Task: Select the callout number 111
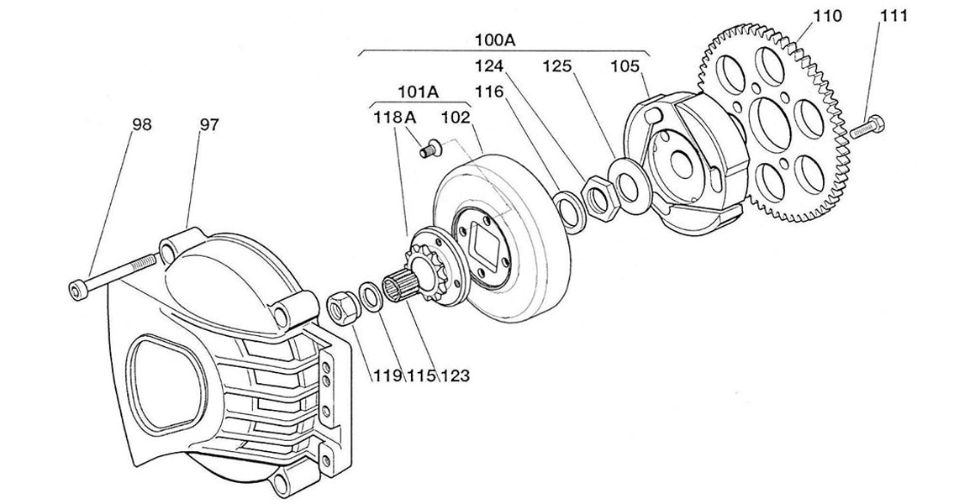click(x=893, y=17)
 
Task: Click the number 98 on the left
click(x=141, y=124)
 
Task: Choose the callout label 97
click(x=208, y=124)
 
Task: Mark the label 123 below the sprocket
click(x=454, y=375)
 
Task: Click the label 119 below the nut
click(x=388, y=375)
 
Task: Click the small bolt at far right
click(x=865, y=131)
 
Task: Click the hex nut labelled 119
click(x=341, y=307)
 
